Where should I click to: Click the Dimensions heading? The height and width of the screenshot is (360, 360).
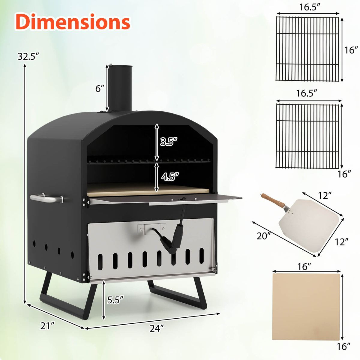[x=73, y=22]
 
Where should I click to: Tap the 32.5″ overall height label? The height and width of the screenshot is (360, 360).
[x=28, y=56]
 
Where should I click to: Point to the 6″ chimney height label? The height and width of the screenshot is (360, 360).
[x=100, y=88]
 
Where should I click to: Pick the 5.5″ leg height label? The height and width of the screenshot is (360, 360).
[x=115, y=300]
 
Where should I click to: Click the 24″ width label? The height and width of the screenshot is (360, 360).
[x=157, y=328]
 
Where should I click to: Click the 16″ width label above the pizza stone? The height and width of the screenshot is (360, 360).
[x=304, y=266]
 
